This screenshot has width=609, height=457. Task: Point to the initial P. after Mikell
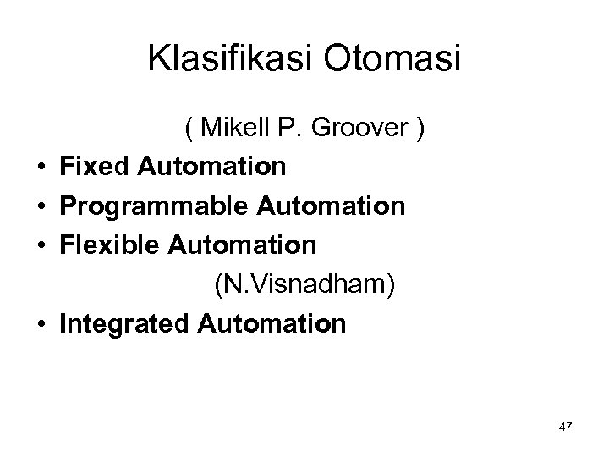pos(288,129)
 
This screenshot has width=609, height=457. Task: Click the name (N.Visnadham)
pos(304,284)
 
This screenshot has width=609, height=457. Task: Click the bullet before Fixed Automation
pos(40,168)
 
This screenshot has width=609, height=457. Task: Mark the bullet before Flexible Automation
pos(40,245)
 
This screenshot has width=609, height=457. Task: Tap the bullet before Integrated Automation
pos(40,323)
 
